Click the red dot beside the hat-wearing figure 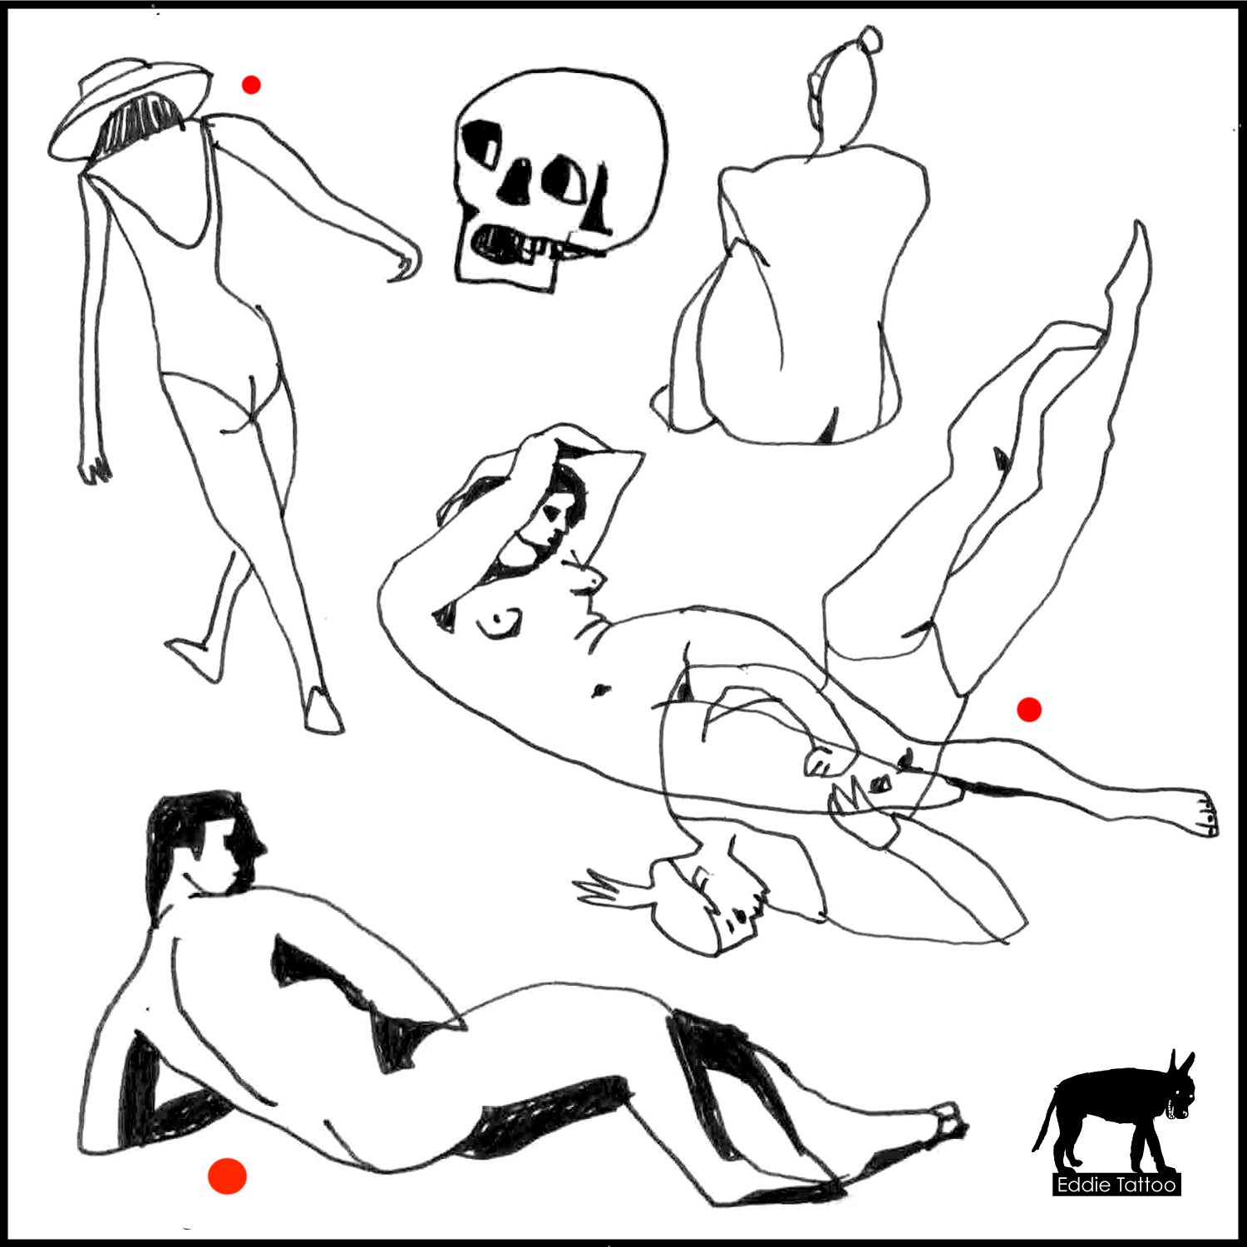tap(251, 84)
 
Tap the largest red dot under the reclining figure tap(227, 1176)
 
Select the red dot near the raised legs tap(1029, 709)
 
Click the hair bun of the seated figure tap(870, 39)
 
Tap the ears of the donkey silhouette tap(1180, 1063)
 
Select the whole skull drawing tap(561, 179)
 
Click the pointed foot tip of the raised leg tap(1139, 233)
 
